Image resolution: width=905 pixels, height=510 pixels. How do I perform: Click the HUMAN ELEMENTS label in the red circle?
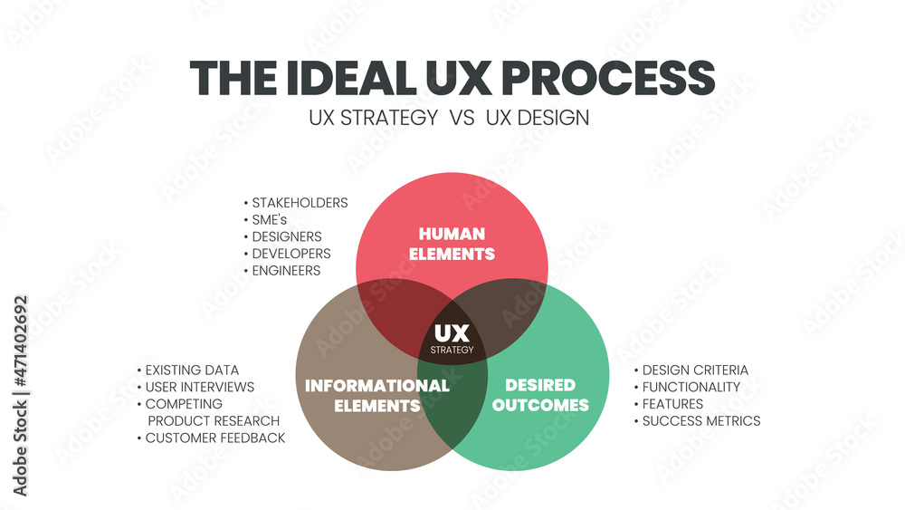[452, 244]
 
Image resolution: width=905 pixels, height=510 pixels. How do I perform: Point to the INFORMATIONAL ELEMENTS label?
[376, 395]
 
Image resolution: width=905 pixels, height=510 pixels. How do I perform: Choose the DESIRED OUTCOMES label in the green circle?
[540, 395]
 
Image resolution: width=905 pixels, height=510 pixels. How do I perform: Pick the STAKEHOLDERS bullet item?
[300, 203]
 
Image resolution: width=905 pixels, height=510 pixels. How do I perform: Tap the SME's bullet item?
[272, 220]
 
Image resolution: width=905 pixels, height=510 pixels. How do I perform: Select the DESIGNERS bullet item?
[287, 236]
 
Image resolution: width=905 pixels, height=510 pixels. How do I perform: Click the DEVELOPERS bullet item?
[291, 254]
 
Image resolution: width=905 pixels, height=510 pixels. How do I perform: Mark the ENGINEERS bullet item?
[286, 270]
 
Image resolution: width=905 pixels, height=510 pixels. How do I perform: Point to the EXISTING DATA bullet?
[192, 370]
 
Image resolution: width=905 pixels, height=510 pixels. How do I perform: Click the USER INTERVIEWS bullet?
[200, 387]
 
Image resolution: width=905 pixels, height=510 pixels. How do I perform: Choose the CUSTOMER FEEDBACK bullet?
[215, 438]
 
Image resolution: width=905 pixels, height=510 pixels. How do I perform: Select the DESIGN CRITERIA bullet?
[695, 370]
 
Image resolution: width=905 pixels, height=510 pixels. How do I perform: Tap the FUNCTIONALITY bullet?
[691, 387]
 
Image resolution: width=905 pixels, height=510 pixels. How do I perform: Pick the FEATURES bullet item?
[672, 404]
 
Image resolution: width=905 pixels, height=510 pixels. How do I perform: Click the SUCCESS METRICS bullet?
[701, 420]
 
